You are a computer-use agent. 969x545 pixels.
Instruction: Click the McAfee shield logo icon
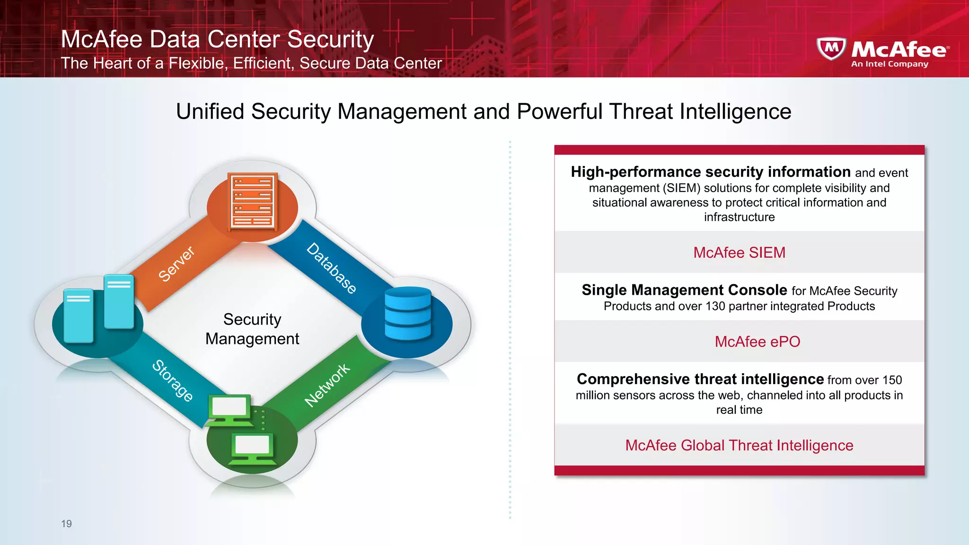[831, 49]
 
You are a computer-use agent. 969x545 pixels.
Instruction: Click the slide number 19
[66, 523]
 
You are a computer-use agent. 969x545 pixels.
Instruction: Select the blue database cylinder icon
[407, 314]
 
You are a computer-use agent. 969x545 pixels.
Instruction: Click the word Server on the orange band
[176, 264]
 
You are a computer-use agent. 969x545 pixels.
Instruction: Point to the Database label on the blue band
[331, 268]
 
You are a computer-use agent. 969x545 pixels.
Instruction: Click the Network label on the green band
[327, 385]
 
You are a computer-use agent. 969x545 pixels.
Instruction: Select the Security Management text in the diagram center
[252, 329]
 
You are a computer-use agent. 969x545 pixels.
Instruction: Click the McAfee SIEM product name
[739, 253]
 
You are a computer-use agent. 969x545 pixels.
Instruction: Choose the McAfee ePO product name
[757, 342]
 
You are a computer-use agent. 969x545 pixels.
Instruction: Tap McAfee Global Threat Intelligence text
[739, 445]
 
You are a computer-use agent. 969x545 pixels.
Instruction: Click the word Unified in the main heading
[210, 112]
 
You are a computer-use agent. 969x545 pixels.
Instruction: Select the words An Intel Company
[890, 64]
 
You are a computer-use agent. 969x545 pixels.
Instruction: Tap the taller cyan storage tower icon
[119, 302]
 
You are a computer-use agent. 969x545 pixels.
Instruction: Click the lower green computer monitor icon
[252, 448]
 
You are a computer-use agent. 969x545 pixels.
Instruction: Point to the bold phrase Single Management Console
[684, 290]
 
